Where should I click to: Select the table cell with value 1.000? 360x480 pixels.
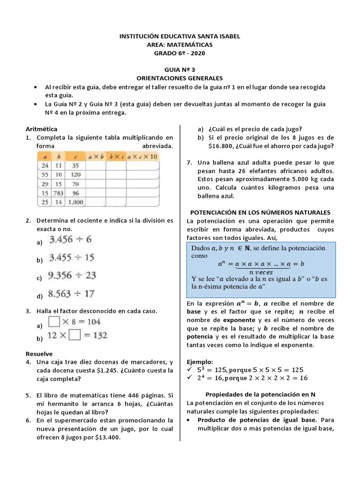[x=75, y=203]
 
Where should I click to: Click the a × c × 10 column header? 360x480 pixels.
[x=142, y=156]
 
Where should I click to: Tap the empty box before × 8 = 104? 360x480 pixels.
[x=55, y=322]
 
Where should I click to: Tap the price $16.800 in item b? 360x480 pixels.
[x=221, y=146]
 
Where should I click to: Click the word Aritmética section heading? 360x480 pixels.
[x=42, y=128]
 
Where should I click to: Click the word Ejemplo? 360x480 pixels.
[x=200, y=361]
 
